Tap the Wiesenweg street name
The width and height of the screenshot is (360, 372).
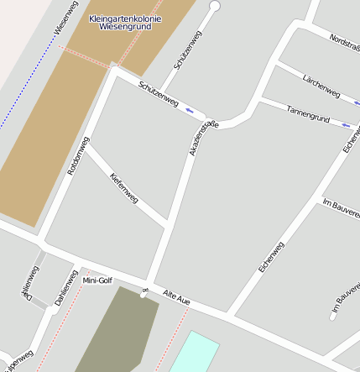click(65, 20)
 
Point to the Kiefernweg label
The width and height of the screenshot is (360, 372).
click(124, 187)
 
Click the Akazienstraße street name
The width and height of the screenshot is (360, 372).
click(203, 138)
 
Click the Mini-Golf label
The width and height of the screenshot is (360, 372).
click(97, 280)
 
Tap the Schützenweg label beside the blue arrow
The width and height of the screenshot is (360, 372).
click(158, 94)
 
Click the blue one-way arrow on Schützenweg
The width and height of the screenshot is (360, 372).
click(191, 110)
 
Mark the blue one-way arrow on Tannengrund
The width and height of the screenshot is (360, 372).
click(346, 124)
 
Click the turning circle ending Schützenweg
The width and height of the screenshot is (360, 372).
click(214, 6)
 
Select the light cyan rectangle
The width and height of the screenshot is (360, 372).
click(194, 352)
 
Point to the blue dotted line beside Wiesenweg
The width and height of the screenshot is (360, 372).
click(25, 84)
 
